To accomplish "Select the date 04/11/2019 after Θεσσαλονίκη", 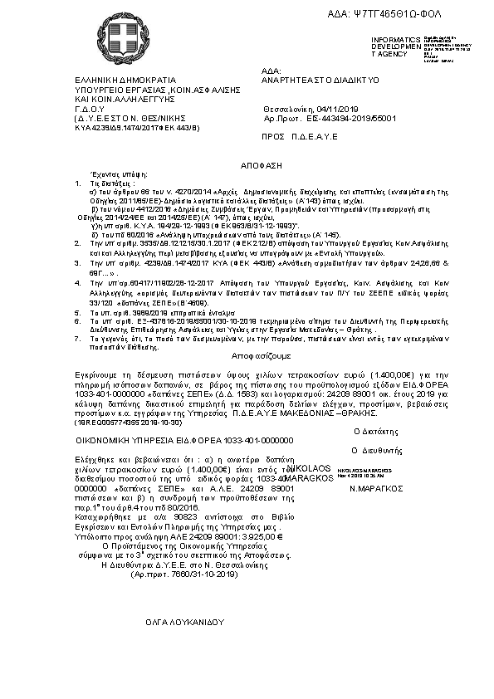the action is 335,109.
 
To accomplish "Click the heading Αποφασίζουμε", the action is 246,333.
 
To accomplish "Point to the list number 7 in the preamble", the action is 78,315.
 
